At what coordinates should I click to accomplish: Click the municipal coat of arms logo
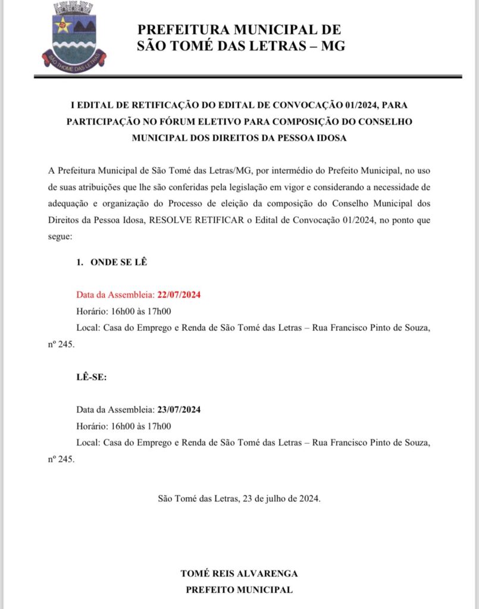tap(74, 37)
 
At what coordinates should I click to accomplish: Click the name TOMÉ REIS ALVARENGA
tap(239, 574)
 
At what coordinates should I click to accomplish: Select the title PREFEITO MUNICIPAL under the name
tap(239, 590)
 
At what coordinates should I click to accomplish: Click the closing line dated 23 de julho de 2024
tap(239, 498)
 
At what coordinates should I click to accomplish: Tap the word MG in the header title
tap(333, 46)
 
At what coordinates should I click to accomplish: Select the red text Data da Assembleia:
tap(115, 294)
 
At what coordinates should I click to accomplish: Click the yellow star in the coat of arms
tap(63, 25)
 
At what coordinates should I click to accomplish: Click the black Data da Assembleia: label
tap(115, 410)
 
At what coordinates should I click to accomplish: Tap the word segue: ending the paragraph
tap(60, 236)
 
